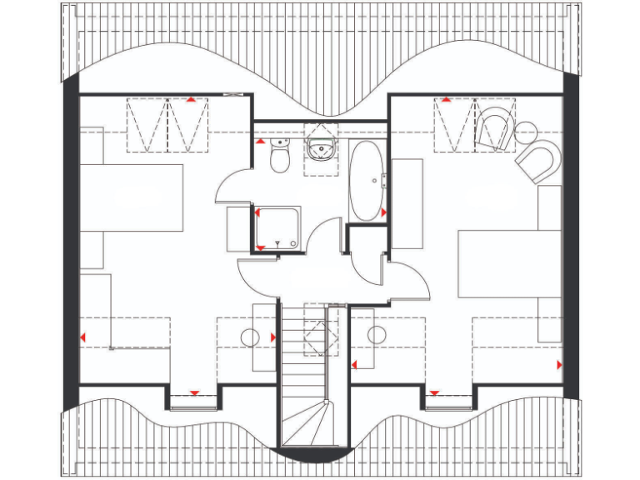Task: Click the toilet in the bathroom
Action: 279,156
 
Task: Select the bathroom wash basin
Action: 320,149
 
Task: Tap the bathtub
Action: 365,180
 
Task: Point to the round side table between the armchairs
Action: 527,131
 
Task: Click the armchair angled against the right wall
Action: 538,160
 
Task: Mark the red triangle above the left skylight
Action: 191,99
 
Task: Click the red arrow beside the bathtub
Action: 383,213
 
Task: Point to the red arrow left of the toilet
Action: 260,142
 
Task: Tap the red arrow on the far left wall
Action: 82,336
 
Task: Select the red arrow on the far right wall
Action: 558,364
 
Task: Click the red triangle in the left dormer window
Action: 194,392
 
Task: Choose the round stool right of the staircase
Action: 377,336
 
